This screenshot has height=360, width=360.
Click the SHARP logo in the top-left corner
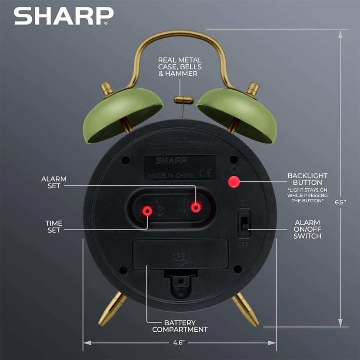(x=63, y=16)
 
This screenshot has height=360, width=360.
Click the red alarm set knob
(x=196, y=207)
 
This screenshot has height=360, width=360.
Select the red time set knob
(x=147, y=211)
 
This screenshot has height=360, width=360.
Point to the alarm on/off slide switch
(x=244, y=223)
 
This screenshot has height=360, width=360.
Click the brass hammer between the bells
(x=183, y=100)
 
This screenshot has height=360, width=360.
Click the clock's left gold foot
(x=112, y=309)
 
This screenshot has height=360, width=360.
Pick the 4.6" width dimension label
(x=178, y=343)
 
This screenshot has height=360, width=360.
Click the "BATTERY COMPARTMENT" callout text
(x=180, y=326)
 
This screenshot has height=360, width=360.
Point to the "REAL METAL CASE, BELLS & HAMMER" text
(x=180, y=67)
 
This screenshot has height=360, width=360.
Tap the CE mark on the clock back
(x=205, y=174)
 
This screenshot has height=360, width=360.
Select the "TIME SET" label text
(x=54, y=227)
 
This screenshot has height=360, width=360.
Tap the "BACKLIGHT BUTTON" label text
(x=307, y=179)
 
